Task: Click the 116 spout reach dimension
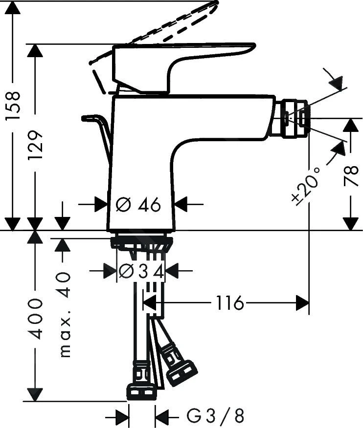tap(228, 303)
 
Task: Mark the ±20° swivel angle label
tap(307, 186)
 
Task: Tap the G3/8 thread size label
tap(215, 416)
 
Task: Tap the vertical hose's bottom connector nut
tap(141, 391)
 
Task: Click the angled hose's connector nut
tap(181, 373)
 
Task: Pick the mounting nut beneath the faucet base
tap(141, 242)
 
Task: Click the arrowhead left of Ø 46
tap(101, 205)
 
